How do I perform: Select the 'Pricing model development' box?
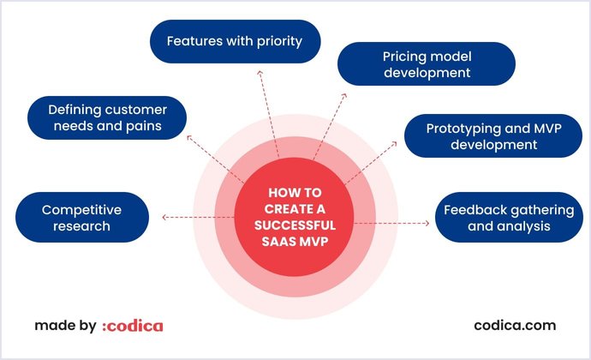coord(427,64)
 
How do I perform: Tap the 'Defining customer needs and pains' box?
coord(108,118)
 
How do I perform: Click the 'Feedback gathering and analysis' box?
coord(496,218)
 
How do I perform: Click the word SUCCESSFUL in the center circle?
coord(295,225)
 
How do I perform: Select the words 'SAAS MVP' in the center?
coord(295,240)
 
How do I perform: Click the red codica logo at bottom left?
coord(132,326)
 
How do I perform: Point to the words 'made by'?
coord(64,326)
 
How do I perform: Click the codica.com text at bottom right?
coord(515,326)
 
